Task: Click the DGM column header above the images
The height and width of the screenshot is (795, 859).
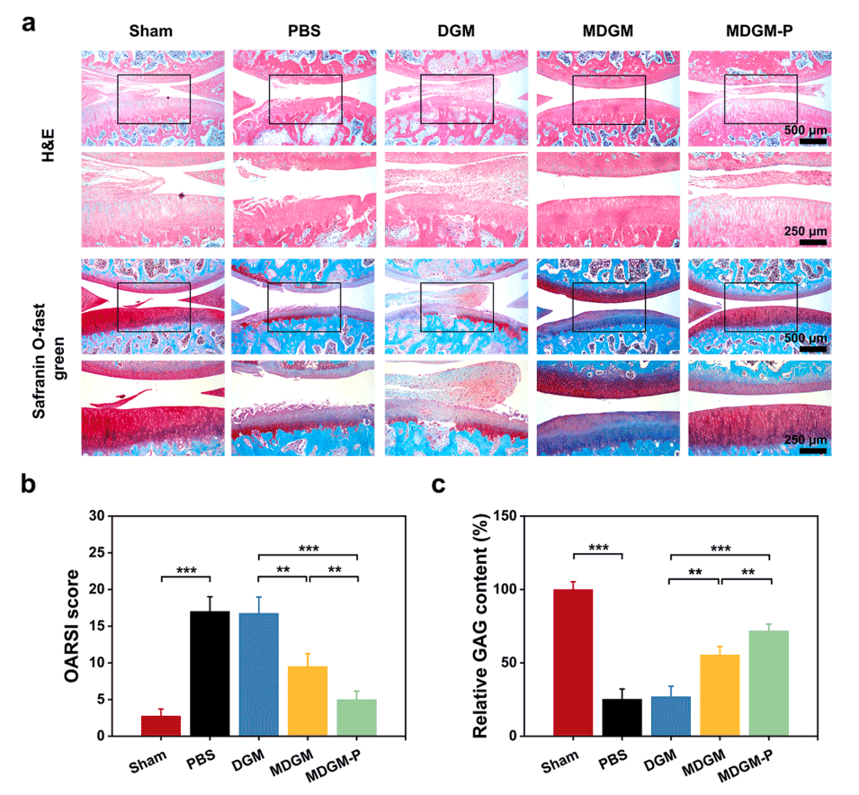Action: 440,33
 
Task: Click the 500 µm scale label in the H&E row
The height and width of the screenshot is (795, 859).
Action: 805,130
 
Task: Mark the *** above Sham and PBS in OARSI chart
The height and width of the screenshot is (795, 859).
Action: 184,570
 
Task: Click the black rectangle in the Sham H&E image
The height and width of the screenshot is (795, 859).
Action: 153,99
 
